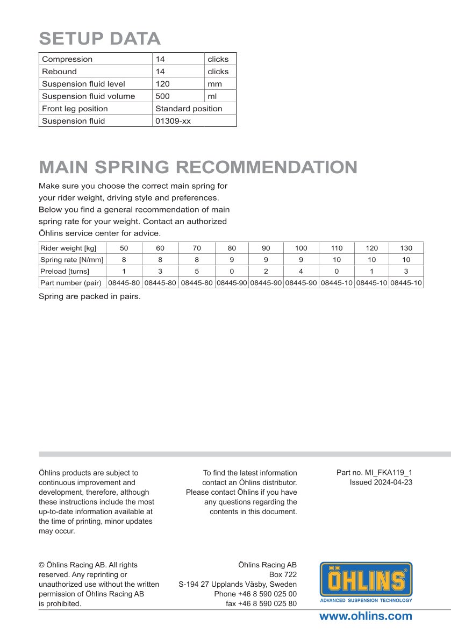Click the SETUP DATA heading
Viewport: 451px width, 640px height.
pos(100,39)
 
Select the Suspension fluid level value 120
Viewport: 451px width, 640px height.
pos(162,84)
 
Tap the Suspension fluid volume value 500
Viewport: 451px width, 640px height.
pos(162,96)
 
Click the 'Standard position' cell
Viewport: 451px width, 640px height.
pos(189,109)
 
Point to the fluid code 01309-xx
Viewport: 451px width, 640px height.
pos(173,121)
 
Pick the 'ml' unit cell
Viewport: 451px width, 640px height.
pos(211,96)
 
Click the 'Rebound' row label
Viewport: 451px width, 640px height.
pos(59,72)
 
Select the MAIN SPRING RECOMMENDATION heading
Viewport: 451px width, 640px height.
pos(198,167)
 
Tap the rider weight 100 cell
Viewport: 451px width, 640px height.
pos(301,248)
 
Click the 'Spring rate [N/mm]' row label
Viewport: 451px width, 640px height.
pos(72,260)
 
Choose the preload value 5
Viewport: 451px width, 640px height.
pos(196,271)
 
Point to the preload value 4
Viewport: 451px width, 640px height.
pos(301,271)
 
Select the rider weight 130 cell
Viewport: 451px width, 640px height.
pos(406,248)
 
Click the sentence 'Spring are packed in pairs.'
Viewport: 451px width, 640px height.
pos(89,296)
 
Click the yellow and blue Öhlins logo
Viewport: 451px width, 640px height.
pos(366,582)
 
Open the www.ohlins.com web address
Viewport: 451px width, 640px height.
pos(366,616)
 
